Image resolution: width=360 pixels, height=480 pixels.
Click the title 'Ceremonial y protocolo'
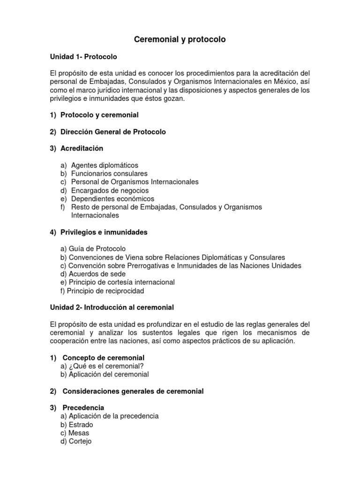180,40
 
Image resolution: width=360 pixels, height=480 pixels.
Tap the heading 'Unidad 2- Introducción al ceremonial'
112,307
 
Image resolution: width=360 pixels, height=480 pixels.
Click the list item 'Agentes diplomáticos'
105,165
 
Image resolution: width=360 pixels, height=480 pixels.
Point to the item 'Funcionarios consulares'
109,173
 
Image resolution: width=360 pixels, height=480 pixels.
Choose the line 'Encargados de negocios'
110,190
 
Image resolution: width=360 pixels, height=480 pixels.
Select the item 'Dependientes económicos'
112,199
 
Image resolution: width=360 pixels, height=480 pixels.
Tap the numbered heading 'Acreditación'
82,149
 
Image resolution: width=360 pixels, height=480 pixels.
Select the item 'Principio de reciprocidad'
105,291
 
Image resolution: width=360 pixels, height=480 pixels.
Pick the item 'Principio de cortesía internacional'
121,282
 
